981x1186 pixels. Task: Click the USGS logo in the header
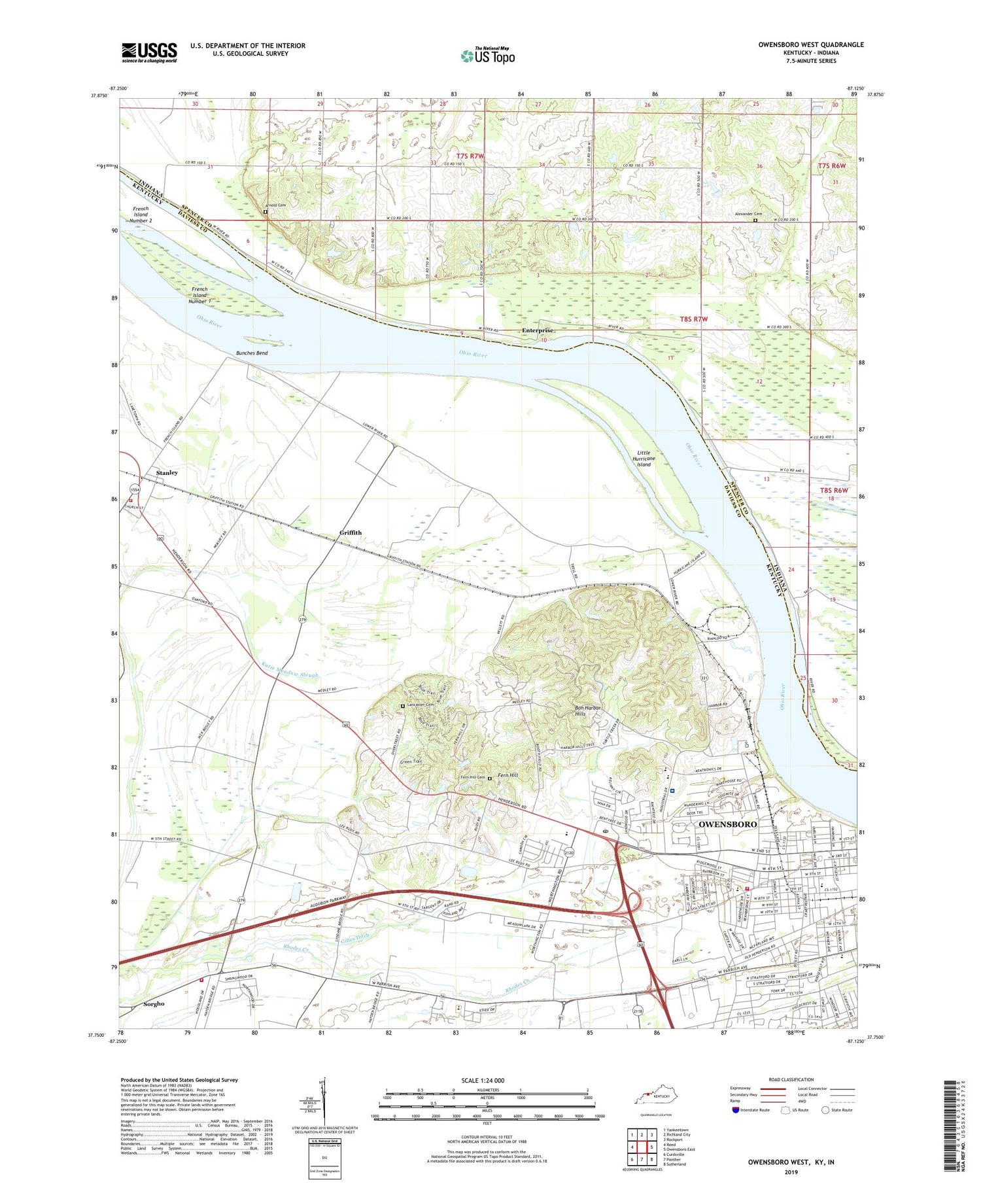click(149, 52)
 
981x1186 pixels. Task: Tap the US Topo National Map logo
click(487, 56)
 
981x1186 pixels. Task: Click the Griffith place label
click(351, 532)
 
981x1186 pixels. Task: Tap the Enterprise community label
click(537, 330)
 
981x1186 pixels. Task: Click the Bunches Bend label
click(252, 353)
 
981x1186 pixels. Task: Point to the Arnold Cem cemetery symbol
click(266, 213)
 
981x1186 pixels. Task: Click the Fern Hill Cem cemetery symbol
click(489, 778)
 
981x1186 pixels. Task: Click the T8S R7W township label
click(693, 319)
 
